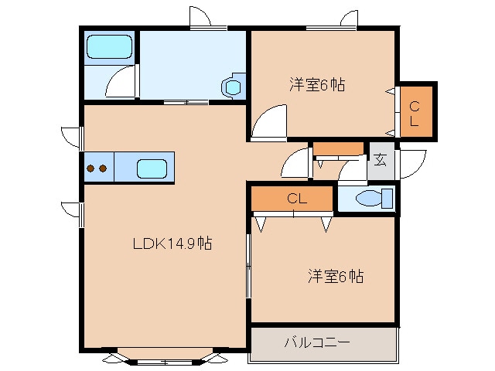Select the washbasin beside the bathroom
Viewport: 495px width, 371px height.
click(x=232, y=87)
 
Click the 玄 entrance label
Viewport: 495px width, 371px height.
click(x=381, y=160)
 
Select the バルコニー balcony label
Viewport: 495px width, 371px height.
click(x=317, y=341)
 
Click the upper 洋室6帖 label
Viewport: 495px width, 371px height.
click(x=317, y=85)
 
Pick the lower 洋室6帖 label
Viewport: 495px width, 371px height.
click(x=337, y=276)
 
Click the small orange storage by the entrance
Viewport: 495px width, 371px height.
click(x=338, y=149)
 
